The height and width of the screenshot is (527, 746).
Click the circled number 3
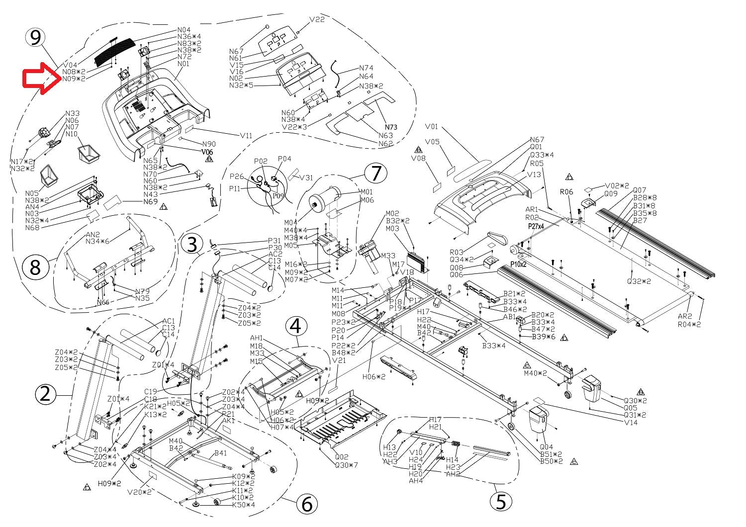pyautogui.click(x=192, y=245)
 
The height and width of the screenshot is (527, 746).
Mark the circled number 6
pyautogui.click(x=307, y=504)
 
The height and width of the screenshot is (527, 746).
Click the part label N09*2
pyautogui.click(x=74, y=79)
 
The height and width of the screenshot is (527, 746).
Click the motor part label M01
pyautogui.click(x=367, y=192)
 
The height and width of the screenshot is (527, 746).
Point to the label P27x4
pyautogui.click(x=536, y=226)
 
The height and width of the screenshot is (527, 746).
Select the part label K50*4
pyautogui.click(x=244, y=505)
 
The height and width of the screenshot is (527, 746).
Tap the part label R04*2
pyautogui.click(x=689, y=324)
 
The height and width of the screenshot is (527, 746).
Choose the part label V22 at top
pyautogui.click(x=317, y=19)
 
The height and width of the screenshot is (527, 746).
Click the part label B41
pyautogui.click(x=221, y=453)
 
